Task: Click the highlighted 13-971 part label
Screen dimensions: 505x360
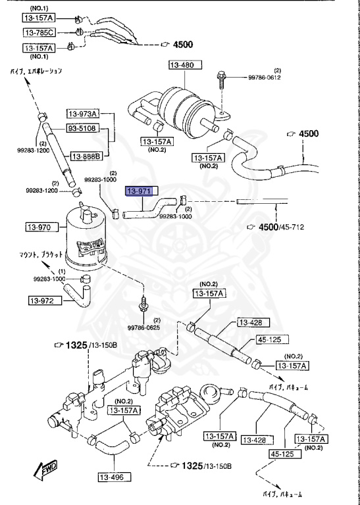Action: pyautogui.click(x=140, y=191)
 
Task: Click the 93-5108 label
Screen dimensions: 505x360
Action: pyautogui.click(x=82, y=129)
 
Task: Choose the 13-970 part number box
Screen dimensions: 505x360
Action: pyautogui.click(x=39, y=228)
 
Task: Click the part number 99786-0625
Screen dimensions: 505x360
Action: pyautogui.click(x=143, y=327)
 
